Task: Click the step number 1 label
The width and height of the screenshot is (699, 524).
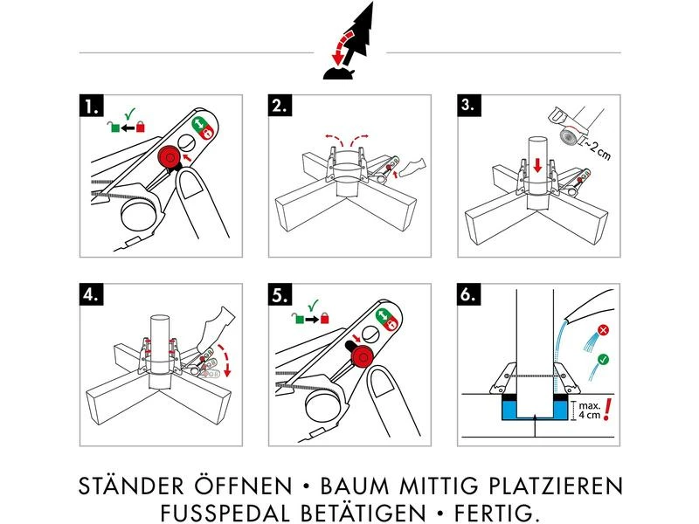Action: (x=90, y=107)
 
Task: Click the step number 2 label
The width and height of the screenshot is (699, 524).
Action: (x=280, y=107)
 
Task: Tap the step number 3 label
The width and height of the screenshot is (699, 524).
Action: (x=471, y=107)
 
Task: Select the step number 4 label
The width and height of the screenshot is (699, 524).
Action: (x=90, y=294)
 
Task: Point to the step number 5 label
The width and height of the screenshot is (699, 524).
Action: (x=280, y=294)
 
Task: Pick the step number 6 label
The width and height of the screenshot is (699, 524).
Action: (x=471, y=294)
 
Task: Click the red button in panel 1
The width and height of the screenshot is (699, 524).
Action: (x=165, y=157)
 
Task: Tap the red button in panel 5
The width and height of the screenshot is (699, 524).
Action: (x=360, y=354)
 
